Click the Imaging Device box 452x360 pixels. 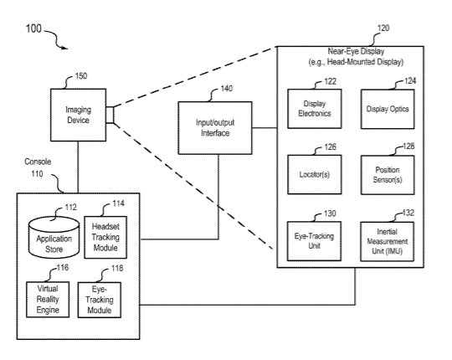pos(78,115)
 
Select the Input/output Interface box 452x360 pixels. pos(215,128)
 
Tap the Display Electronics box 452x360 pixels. pos(315,109)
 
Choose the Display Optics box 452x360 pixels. pos(388,109)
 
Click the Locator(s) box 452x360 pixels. pos(315,174)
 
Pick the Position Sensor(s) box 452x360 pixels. pos(388,175)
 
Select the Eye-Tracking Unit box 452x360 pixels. pos(314,241)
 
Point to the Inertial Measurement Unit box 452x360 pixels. pos(388,242)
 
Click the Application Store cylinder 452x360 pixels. pos(54,238)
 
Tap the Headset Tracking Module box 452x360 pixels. pos(105,237)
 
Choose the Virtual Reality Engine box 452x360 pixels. pos(48,300)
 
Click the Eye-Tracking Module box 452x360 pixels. pos(100,300)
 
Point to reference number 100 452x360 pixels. pos(33,28)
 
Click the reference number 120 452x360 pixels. pos(383,28)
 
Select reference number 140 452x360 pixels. pos(227,89)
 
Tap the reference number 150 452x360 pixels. pos(81,76)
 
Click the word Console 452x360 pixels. pos(38,162)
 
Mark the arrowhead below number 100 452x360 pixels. pos(64,48)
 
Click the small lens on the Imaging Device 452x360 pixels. pos(110,115)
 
